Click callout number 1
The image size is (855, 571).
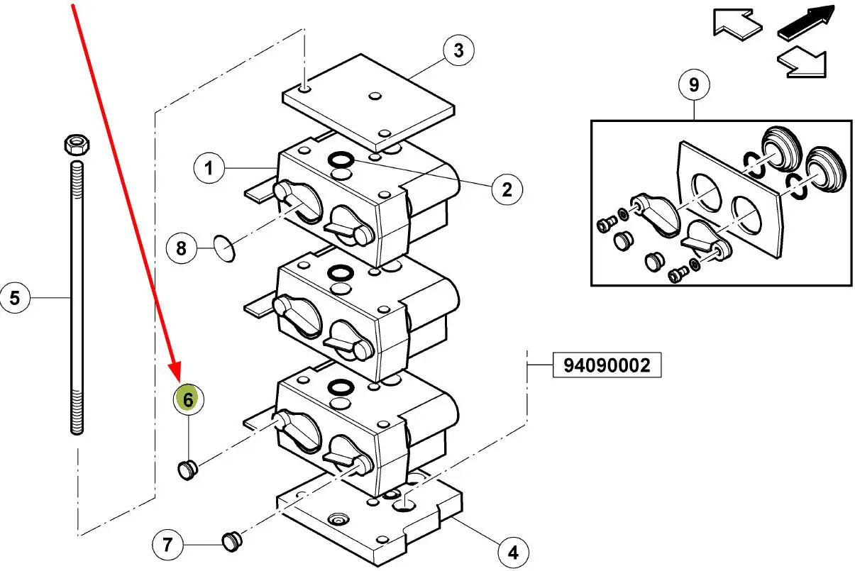[x=209, y=168]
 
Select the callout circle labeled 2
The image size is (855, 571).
[x=507, y=189]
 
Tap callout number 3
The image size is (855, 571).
[x=459, y=50]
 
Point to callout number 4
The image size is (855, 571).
[x=514, y=553]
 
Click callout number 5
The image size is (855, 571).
[x=15, y=298]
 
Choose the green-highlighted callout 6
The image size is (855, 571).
[x=189, y=399]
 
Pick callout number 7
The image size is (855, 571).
[x=167, y=545]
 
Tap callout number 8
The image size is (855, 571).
[x=182, y=248]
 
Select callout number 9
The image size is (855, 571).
[x=694, y=84]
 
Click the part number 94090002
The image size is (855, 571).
[x=607, y=365]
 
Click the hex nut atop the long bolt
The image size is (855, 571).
[x=77, y=144]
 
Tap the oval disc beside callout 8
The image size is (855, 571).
[x=224, y=248]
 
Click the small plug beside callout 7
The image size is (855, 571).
[x=232, y=542]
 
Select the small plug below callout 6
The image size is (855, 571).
[x=187, y=470]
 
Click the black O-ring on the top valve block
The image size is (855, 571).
[x=341, y=160]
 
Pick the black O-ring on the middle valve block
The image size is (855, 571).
[x=341, y=273]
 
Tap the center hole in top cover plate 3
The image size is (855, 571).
[x=375, y=96]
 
